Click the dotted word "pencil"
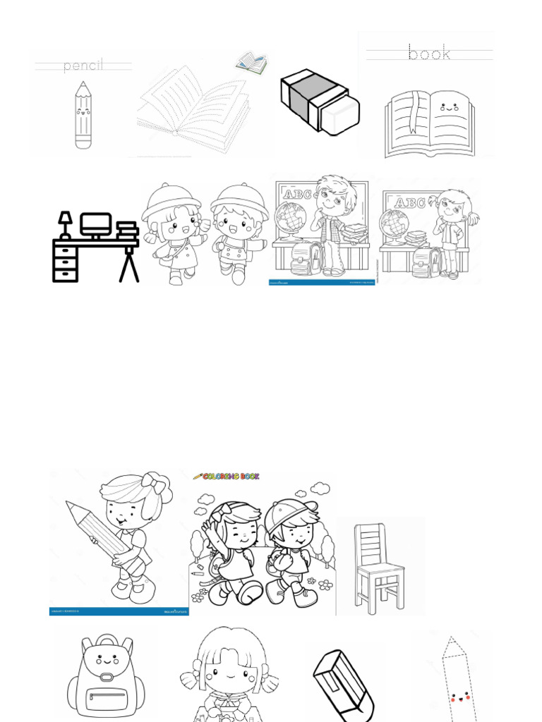pyautogui.click(x=83, y=66)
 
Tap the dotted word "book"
pyautogui.click(x=429, y=53)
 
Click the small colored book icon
pyautogui.click(x=252, y=63)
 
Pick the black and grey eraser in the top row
pyautogui.click(x=319, y=102)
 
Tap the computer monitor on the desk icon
pyautogui.click(x=95, y=225)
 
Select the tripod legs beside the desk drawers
pyautogui.click(x=129, y=264)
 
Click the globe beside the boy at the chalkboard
pyautogui.click(x=291, y=217)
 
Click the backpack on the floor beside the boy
pyautogui.click(x=306, y=257)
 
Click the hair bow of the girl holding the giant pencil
pyautogui.click(x=153, y=484)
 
